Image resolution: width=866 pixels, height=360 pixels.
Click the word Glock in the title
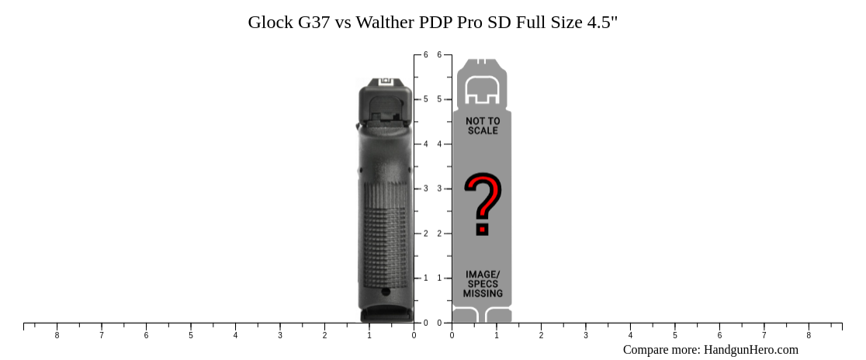271,22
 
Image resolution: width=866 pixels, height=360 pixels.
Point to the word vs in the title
344,22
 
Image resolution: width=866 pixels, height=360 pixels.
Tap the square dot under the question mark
483,229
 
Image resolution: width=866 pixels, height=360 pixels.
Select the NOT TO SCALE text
483,126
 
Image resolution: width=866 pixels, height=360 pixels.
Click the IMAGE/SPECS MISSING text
483,284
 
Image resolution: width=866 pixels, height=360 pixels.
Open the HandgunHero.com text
750,350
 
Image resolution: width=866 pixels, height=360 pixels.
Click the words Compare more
661,350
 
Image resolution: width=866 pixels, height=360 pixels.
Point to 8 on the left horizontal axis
57,335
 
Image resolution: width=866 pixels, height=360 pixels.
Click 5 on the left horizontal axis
191,335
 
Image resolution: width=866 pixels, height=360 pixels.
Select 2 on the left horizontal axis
325,335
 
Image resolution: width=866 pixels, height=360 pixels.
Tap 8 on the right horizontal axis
809,335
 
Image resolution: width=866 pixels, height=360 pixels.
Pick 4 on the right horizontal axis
630,335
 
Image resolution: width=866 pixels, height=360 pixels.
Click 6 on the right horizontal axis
719,335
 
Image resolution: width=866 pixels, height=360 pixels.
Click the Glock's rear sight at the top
386,81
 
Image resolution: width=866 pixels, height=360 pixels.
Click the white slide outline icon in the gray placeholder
481,91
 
